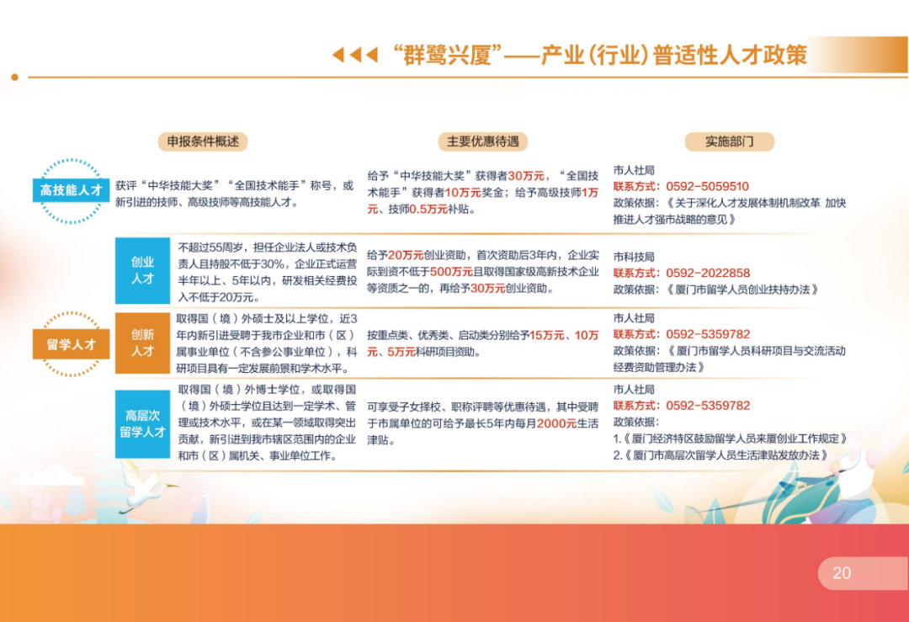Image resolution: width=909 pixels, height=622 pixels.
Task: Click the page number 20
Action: click(x=842, y=573)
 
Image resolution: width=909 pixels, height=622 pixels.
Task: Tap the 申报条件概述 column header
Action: click(x=203, y=141)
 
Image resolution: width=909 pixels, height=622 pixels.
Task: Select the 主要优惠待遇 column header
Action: click(x=482, y=141)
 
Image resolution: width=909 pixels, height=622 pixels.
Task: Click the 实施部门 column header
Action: click(x=729, y=141)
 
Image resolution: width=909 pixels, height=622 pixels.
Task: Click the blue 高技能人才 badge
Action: click(x=71, y=190)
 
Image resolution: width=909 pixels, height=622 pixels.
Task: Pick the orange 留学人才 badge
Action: click(x=71, y=344)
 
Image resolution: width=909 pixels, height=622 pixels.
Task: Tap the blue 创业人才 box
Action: click(x=142, y=271)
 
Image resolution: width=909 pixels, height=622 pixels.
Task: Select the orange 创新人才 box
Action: click(x=142, y=343)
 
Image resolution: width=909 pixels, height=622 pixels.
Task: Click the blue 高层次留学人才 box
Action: click(x=142, y=423)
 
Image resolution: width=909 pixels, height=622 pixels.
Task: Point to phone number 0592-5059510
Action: click(x=707, y=187)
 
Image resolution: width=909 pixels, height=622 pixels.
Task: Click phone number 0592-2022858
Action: click(x=708, y=273)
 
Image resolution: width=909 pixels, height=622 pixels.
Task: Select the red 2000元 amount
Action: click(x=556, y=423)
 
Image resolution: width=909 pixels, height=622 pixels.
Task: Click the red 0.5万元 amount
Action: click(x=428, y=210)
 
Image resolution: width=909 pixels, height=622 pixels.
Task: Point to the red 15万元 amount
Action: click(x=547, y=335)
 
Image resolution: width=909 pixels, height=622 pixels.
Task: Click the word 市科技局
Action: click(x=634, y=257)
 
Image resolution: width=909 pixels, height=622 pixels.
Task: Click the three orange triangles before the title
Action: click(x=355, y=55)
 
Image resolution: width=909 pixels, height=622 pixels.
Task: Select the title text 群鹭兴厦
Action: click(x=446, y=55)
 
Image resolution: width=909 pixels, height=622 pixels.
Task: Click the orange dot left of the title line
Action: click(x=14, y=77)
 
